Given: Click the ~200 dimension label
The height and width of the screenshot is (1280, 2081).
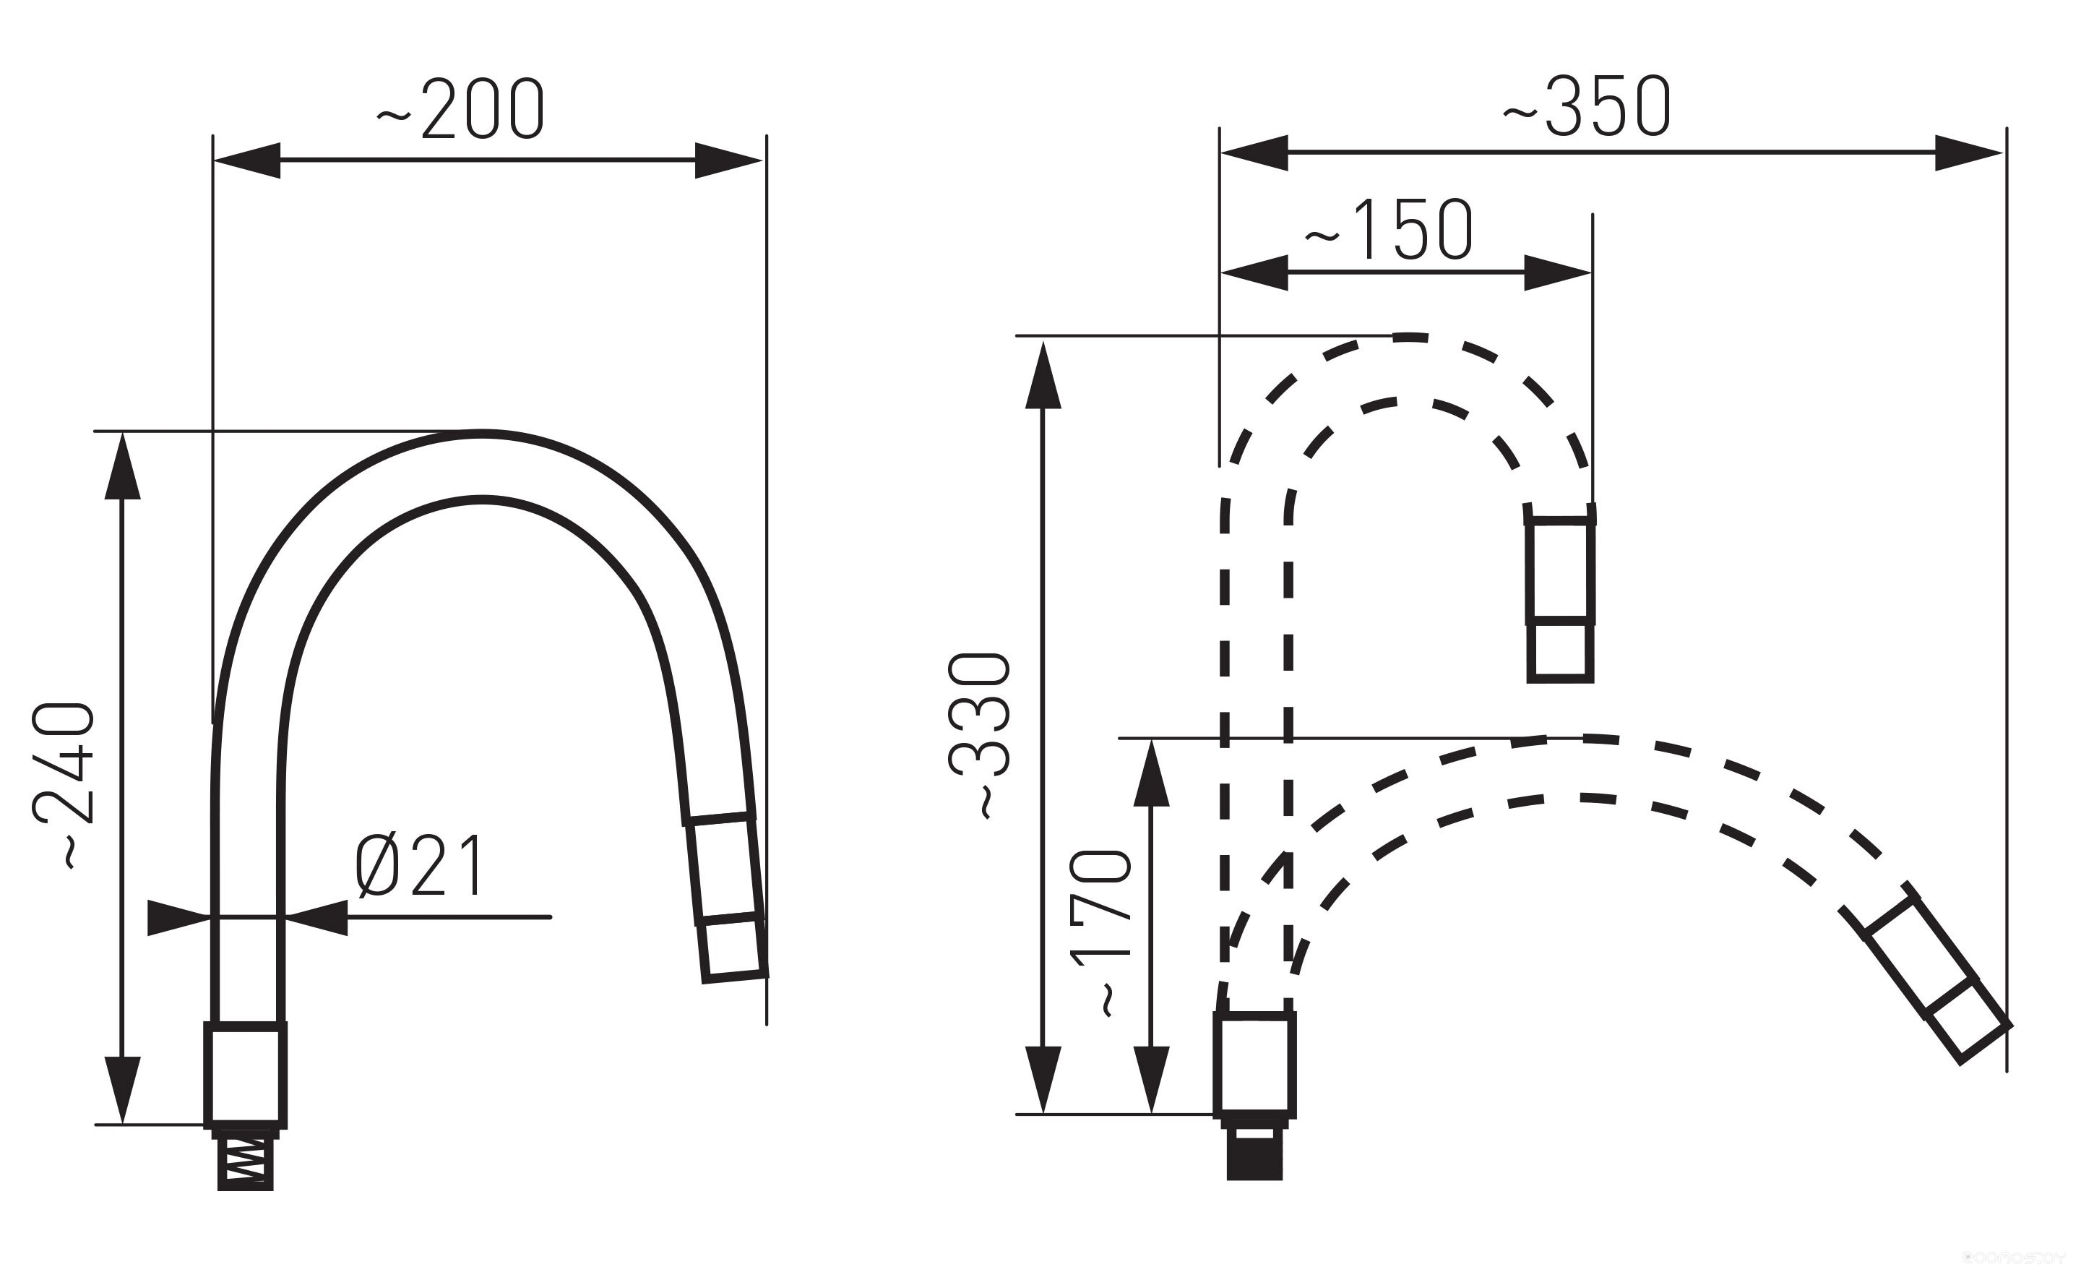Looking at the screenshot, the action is click(460, 109).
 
